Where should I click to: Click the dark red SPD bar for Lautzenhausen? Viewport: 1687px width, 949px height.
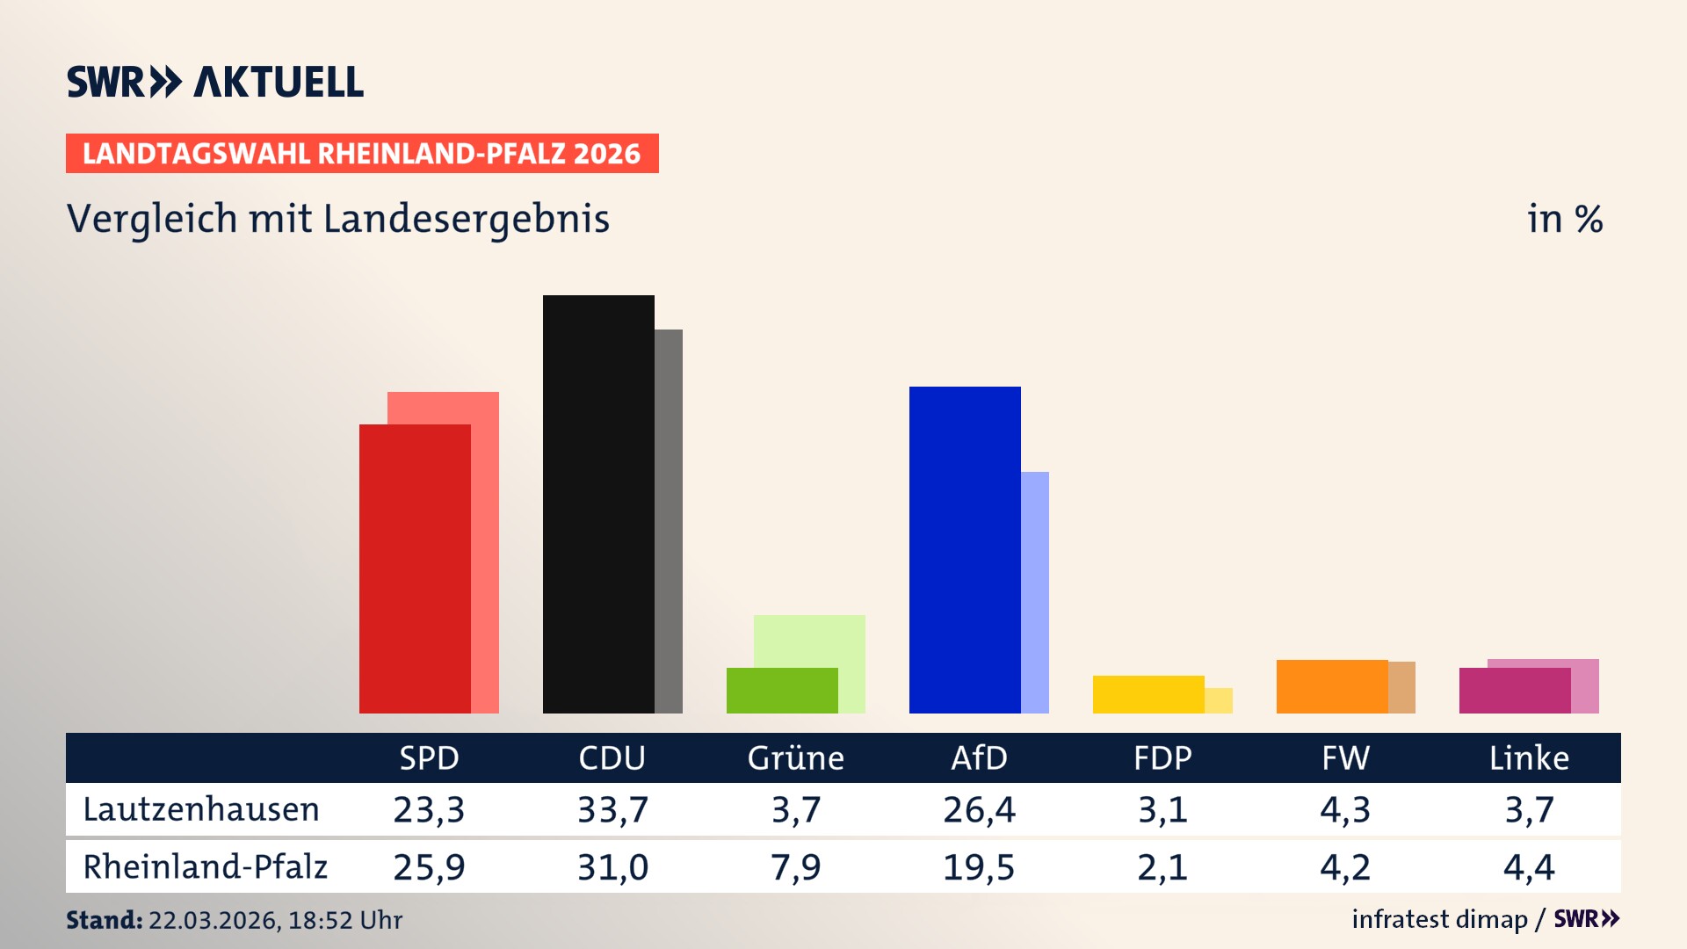pyautogui.click(x=415, y=569)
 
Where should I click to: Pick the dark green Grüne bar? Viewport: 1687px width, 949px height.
pyautogui.click(x=782, y=691)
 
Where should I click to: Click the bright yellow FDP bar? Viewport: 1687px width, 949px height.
pyautogui.click(x=1148, y=694)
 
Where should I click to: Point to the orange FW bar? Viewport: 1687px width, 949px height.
pyautogui.click(x=1332, y=686)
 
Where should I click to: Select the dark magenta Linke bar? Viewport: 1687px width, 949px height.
pyautogui.click(x=1515, y=691)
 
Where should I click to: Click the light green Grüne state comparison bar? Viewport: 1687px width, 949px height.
pyautogui.click(x=809, y=641)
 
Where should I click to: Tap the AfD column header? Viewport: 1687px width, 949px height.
pyautogui.click(x=979, y=758)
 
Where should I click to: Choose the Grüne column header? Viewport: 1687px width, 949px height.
pyautogui.click(x=795, y=758)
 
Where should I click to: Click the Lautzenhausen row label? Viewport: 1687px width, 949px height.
pyautogui.click(x=201, y=809)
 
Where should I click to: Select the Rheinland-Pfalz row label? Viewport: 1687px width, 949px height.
pyautogui.click(x=205, y=867)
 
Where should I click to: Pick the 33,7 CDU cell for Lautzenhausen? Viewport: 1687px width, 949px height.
pyautogui.click(x=612, y=809)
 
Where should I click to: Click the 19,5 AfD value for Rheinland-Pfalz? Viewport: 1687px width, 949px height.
pyautogui.click(x=979, y=867)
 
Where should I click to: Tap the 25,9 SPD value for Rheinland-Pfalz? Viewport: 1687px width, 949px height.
pyautogui.click(x=429, y=867)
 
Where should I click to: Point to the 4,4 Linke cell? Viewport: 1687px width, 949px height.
pyautogui.click(x=1529, y=867)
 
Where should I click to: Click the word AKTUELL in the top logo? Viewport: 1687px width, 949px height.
pyautogui.click(x=279, y=83)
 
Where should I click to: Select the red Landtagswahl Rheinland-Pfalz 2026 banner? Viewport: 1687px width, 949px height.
pyautogui.click(x=362, y=154)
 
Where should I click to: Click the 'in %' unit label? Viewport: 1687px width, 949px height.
pyautogui.click(x=1565, y=219)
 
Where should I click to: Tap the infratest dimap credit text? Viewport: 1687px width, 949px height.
pyautogui.click(x=1439, y=919)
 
